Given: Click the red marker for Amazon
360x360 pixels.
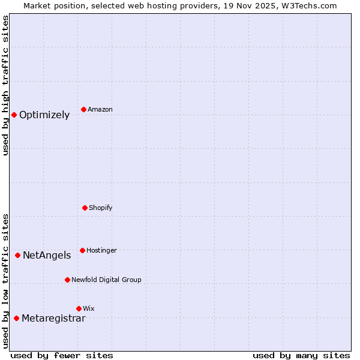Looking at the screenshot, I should [84, 109].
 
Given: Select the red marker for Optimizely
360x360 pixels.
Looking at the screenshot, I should [14, 115].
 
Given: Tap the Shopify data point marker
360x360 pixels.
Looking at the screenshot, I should [85, 208].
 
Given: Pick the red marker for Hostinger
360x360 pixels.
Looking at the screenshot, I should [82, 250].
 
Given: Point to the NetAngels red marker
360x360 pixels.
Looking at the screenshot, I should [17, 255].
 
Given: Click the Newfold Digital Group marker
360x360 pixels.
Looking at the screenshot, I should [67, 280].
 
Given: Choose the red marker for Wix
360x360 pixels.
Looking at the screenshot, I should [79, 308].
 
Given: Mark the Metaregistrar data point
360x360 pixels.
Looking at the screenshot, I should [16, 318].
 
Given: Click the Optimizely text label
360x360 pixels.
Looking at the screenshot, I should [44, 115].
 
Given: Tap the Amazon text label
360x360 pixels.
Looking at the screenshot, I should [100, 110].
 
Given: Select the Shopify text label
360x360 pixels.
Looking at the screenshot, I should [101, 208].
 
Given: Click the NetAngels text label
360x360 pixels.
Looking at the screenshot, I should [47, 256].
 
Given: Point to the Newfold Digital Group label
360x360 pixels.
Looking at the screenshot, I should [106, 280].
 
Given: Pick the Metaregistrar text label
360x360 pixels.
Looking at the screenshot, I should [53, 319].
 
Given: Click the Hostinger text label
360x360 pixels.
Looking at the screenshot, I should [101, 251].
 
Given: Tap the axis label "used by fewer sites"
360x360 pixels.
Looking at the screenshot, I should [62, 356].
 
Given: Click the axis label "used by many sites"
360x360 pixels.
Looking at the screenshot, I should [301, 356].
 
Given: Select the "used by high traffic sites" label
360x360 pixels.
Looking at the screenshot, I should [5, 85].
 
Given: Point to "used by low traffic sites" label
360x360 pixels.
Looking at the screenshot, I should [5, 281].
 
